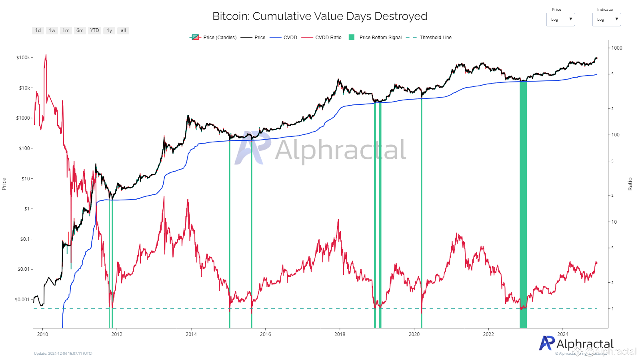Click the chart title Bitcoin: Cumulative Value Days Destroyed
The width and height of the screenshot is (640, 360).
click(x=320, y=16)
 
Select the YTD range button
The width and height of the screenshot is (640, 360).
click(x=94, y=30)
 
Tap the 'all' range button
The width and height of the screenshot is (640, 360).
click(x=123, y=30)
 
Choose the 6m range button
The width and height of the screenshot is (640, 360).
click(x=80, y=30)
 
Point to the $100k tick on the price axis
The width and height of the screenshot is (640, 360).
click(x=23, y=58)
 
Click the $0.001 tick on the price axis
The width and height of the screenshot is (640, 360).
click(x=22, y=300)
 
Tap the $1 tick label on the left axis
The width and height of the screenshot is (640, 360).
click(x=26, y=209)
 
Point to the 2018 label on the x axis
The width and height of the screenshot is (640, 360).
click(x=340, y=334)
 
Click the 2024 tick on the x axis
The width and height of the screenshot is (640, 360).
click(x=562, y=334)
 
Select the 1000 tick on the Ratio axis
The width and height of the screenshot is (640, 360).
click(x=617, y=48)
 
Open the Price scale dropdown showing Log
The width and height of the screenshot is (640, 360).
click(x=560, y=20)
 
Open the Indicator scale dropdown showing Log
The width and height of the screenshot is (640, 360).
click(x=606, y=20)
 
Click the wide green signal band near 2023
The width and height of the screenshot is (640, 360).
click(x=523, y=200)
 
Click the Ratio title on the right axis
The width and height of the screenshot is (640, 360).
click(x=630, y=184)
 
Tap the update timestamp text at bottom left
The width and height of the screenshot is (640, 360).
click(x=63, y=354)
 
